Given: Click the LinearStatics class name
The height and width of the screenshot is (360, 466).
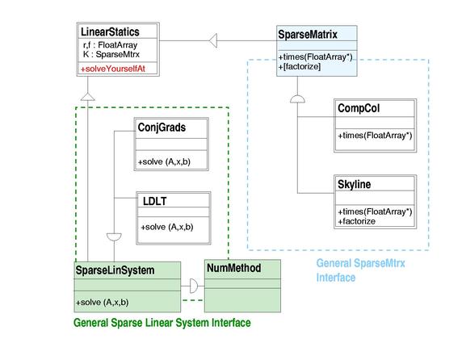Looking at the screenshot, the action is click(110, 31).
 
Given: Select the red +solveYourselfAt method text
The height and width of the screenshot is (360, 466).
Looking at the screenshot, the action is click(113, 69).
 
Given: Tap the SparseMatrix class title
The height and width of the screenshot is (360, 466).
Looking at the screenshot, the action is click(308, 35).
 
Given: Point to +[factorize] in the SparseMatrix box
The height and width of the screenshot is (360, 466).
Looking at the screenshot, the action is click(300, 66).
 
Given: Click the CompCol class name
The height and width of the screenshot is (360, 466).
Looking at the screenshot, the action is click(359, 108).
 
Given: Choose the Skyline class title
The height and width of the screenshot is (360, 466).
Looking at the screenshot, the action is click(355, 185).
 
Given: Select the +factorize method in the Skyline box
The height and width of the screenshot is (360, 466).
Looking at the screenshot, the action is click(357, 221).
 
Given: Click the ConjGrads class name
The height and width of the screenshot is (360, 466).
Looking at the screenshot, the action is click(162, 128).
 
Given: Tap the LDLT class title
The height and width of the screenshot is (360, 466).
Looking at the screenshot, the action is click(154, 201).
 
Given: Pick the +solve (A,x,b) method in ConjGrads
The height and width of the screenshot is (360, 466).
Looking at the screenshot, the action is click(164, 162).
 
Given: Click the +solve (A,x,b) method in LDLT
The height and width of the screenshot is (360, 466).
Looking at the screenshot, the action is click(167, 228).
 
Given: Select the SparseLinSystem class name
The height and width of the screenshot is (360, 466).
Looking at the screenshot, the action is click(115, 270).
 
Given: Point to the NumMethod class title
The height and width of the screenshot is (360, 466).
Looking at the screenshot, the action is click(234, 268).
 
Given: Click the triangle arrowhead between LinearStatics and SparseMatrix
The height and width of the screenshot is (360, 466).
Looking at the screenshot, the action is click(213, 40).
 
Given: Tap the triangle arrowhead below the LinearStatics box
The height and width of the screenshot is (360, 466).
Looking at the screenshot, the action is click(88, 97).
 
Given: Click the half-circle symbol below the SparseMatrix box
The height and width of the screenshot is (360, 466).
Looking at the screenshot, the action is click(297, 99).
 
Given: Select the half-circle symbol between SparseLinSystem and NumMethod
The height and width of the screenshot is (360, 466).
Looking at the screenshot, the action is click(194, 286).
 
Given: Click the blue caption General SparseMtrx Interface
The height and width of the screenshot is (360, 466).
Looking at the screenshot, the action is click(360, 270).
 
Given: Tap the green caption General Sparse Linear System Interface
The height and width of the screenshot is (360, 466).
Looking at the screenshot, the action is click(162, 323).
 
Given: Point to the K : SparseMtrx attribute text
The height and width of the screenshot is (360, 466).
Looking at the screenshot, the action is click(111, 54).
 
